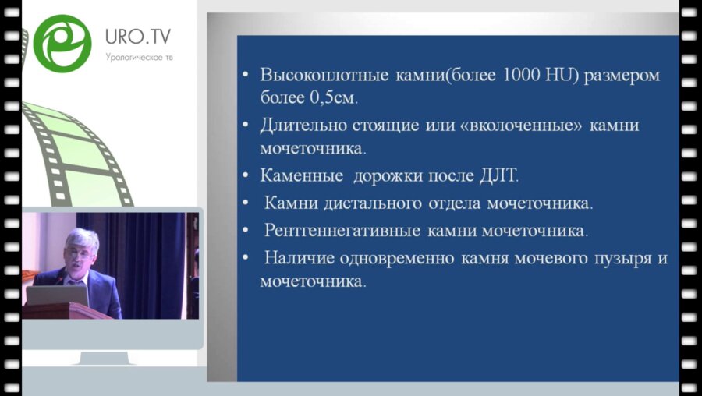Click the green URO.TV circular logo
point(62,44)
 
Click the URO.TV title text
point(139,36)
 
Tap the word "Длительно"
point(296,125)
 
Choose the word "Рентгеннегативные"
point(342,232)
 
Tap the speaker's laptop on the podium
point(56,295)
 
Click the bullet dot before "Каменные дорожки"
point(245,177)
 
